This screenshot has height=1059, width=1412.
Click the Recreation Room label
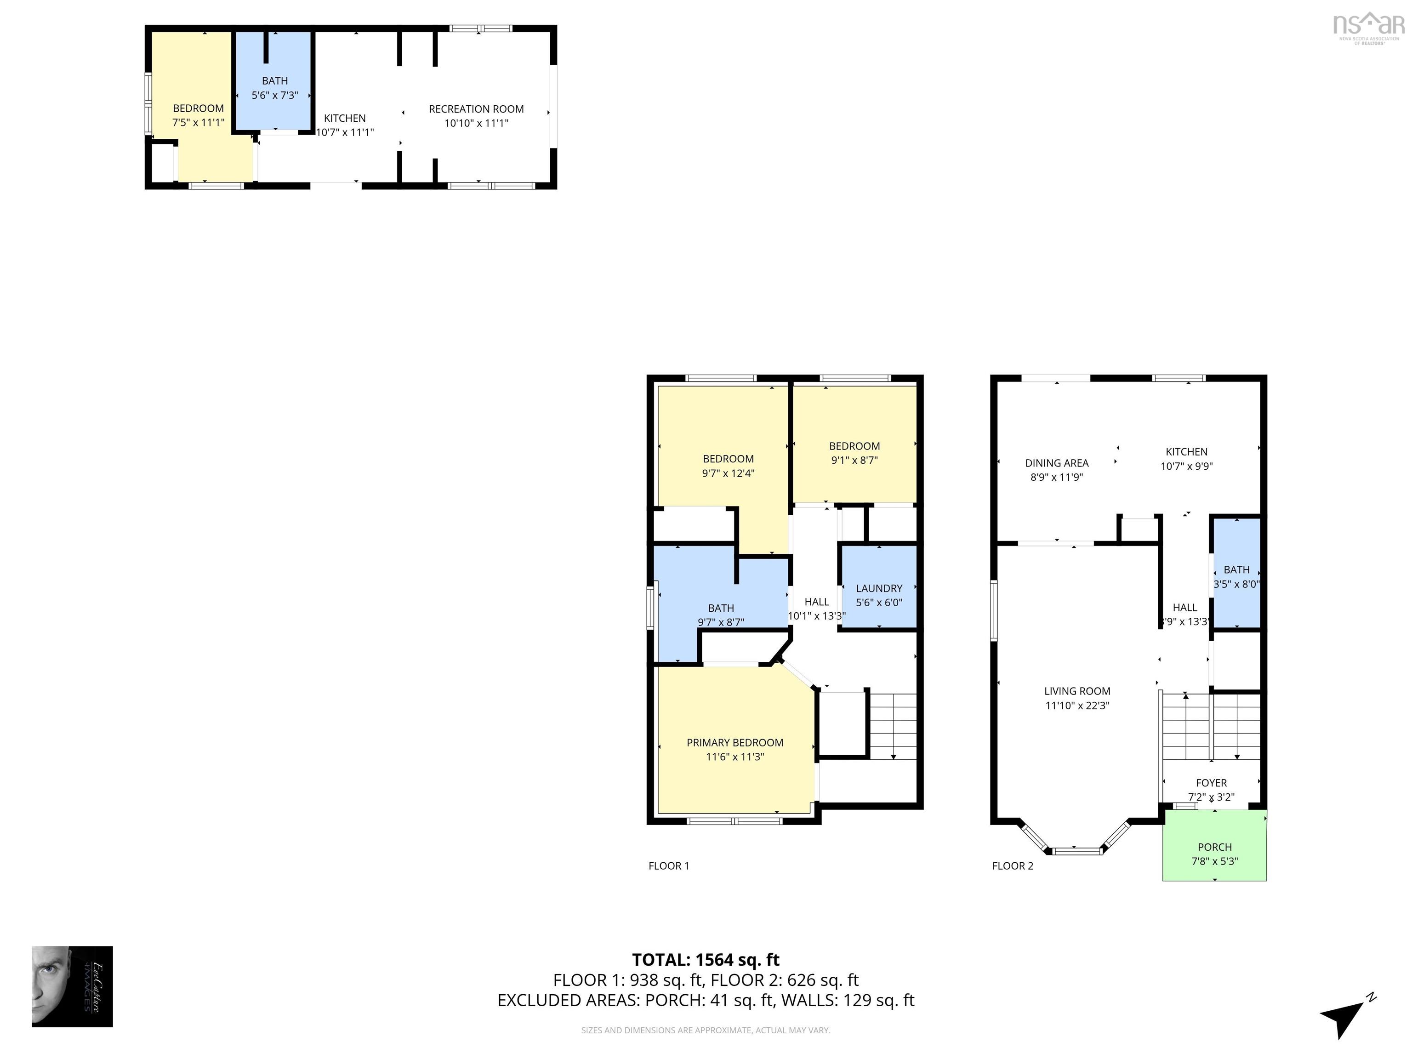(x=476, y=109)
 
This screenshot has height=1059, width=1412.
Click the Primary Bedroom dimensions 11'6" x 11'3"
(x=734, y=757)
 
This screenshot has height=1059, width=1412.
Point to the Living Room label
(x=1077, y=691)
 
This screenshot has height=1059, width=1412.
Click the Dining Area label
(x=1056, y=463)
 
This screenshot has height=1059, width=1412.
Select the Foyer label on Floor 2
(x=1211, y=783)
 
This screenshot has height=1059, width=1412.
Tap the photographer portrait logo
(x=72, y=986)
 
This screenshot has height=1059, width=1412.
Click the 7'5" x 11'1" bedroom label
(x=198, y=115)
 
